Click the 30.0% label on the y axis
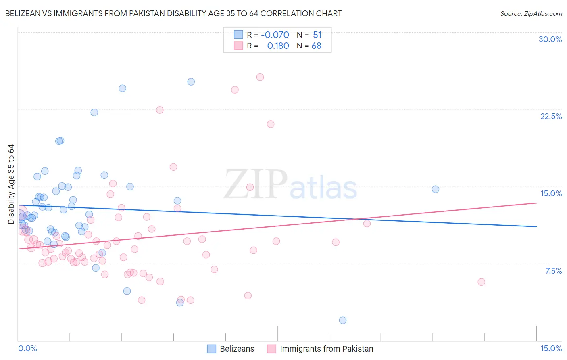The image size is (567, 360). [x=550, y=39]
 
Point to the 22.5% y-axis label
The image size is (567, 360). [x=551, y=116]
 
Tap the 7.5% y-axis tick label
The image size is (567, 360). [x=553, y=271]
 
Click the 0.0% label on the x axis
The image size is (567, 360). [x=27, y=348]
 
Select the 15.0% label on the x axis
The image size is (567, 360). [x=551, y=348]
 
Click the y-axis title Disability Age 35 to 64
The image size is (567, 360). [x=11, y=184]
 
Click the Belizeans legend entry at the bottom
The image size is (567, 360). [x=237, y=349]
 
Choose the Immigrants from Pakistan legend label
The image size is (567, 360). [x=326, y=349]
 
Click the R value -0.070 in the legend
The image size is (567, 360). [x=275, y=35]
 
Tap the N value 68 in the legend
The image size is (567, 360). [x=316, y=46]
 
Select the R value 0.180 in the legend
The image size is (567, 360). [x=278, y=46]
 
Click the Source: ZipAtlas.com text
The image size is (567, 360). [x=531, y=13]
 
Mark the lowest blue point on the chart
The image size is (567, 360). [x=343, y=320]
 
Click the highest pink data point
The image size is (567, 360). [x=260, y=77]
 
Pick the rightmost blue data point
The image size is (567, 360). [x=436, y=189]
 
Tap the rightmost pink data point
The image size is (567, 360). [x=481, y=282]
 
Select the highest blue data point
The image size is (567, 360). [x=191, y=82]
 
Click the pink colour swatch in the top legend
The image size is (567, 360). [x=238, y=46]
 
